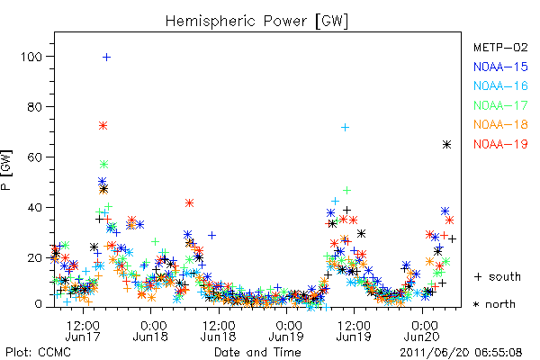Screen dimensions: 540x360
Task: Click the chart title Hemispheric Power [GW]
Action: (256, 22)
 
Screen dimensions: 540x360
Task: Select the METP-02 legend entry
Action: (500, 47)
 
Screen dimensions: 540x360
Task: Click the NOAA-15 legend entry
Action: (500, 67)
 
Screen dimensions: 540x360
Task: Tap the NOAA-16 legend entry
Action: (500, 85)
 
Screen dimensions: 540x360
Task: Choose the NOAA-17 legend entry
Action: (500, 105)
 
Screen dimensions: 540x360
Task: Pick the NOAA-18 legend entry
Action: (500, 124)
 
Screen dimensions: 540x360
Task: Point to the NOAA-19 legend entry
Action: (500, 144)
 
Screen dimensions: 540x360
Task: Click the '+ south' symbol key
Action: (498, 276)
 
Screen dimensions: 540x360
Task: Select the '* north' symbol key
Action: (494, 304)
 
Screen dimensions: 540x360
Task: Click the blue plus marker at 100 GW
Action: (107, 57)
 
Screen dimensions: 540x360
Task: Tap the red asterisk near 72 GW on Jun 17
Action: (103, 125)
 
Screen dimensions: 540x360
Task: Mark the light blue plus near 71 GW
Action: (345, 128)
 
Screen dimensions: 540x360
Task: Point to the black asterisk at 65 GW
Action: (446, 145)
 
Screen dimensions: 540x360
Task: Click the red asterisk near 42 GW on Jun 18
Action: (189, 202)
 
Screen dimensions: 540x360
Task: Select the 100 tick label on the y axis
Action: (31, 57)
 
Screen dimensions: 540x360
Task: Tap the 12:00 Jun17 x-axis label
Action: (83, 330)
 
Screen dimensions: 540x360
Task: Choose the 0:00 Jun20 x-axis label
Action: (422, 330)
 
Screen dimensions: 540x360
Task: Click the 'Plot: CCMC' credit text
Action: (38, 353)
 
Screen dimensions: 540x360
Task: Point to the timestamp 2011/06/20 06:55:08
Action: (461, 353)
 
